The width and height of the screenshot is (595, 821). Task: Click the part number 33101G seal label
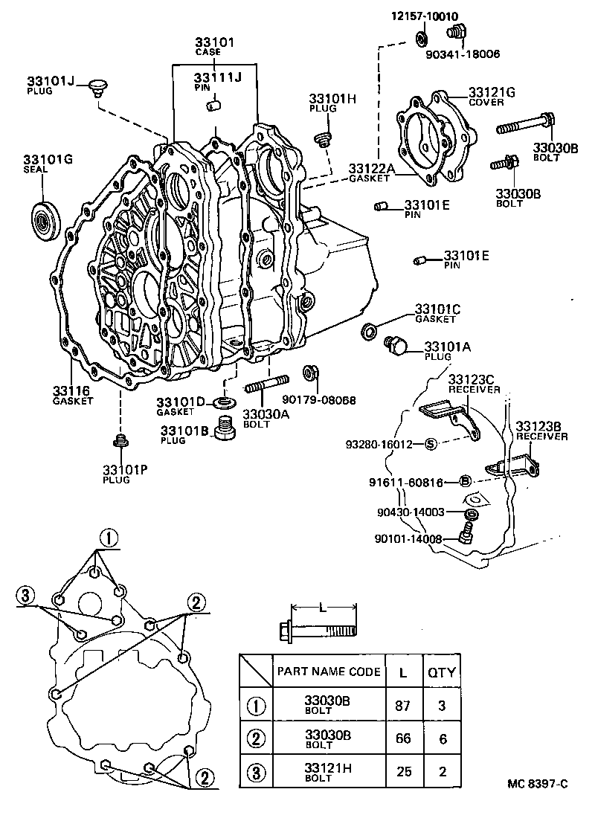coord(47,160)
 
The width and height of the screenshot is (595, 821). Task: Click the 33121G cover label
coord(492,93)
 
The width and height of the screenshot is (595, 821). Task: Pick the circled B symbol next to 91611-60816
coord(464,482)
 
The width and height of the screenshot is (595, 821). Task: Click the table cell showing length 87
coord(402,705)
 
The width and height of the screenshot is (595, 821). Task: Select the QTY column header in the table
coord(441,672)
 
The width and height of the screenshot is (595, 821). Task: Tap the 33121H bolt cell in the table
coord(328,771)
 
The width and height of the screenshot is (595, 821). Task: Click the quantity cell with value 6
coord(441,738)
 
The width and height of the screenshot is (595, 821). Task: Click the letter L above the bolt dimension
coord(322,608)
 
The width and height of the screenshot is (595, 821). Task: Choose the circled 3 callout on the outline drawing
coord(27,595)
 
